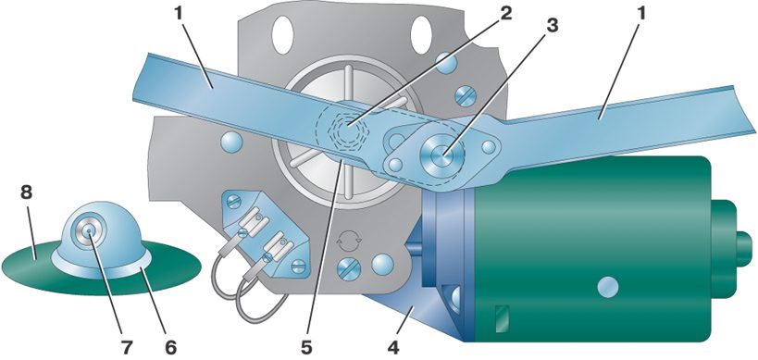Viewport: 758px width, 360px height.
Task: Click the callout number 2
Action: [x=505, y=14]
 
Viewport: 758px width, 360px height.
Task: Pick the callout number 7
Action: [x=127, y=346]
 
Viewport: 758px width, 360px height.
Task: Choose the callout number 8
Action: [x=26, y=192]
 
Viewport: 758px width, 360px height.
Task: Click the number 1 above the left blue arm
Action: [x=180, y=14]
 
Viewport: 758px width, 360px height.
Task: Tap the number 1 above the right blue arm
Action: [x=641, y=14]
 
